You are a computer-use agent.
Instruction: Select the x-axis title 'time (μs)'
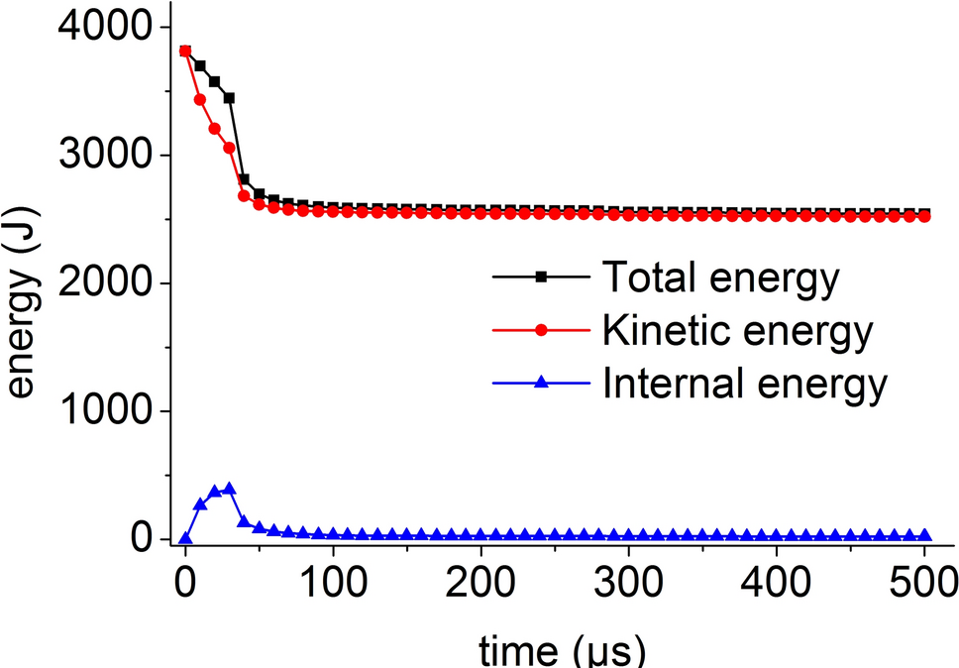click(x=561, y=649)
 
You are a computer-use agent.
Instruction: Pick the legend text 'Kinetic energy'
click(x=738, y=331)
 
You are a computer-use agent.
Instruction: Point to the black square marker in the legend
click(x=541, y=278)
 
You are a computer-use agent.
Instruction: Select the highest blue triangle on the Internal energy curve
click(x=229, y=488)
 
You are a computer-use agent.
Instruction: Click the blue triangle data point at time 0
click(x=185, y=538)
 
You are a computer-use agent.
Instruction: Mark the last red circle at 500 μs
click(x=924, y=215)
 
